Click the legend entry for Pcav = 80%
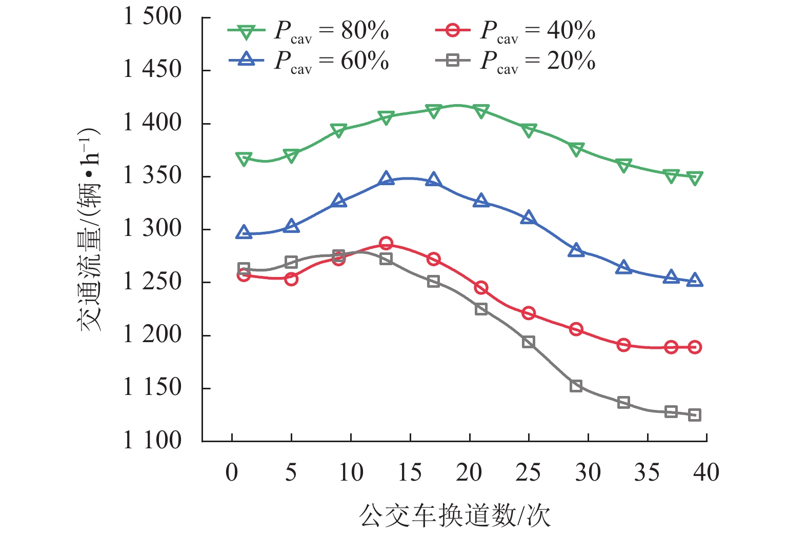(308, 32)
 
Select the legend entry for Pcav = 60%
(308, 62)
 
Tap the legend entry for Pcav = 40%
(514, 32)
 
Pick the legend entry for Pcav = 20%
(514, 62)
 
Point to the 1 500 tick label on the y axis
(152, 17)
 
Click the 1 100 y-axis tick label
(152, 441)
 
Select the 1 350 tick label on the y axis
(152, 176)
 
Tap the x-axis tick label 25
(528, 472)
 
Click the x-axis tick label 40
(706, 472)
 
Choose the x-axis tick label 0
(232, 472)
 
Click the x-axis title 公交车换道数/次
(454, 516)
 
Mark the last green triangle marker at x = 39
(695, 178)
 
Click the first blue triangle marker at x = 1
(244, 232)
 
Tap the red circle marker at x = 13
(386, 243)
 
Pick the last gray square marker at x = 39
(695, 415)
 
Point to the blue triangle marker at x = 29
(576, 250)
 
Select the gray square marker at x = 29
(576, 386)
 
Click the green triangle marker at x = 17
(433, 111)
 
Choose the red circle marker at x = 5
(291, 279)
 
